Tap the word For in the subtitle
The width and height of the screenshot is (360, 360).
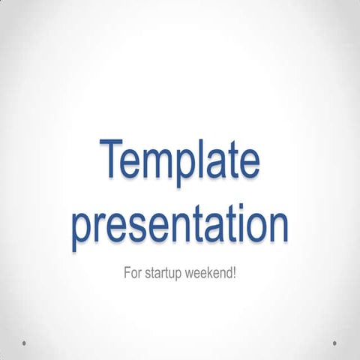point(132,271)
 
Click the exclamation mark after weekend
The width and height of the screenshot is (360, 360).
point(235,271)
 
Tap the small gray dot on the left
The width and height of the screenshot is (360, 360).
point(25,343)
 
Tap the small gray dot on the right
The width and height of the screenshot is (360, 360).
point(334,343)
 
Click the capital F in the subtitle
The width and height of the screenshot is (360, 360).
point(126,271)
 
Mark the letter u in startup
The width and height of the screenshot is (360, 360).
point(183,272)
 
